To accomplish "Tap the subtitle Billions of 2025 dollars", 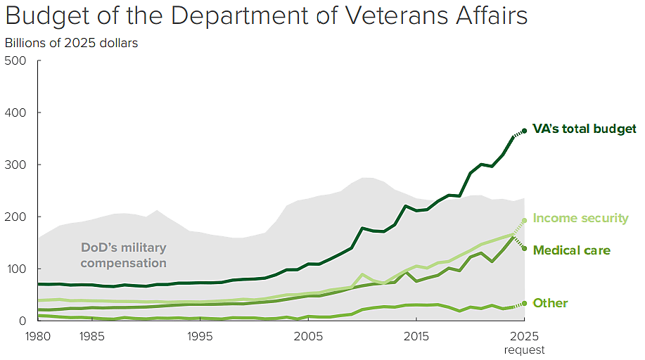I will (x=71, y=43).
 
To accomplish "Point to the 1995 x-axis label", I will (x=200, y=335).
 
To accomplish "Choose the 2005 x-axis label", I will (x=308, y=335).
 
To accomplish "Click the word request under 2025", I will (x=524, y=349).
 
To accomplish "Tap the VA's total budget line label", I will (x=584, y=129).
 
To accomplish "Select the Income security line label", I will (x=580, y=218).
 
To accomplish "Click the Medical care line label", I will (x=571, y=250).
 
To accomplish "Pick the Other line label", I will (x=550, y=303).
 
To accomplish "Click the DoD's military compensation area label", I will (x=124, y=255).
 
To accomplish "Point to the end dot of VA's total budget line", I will (x=524, y=130).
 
